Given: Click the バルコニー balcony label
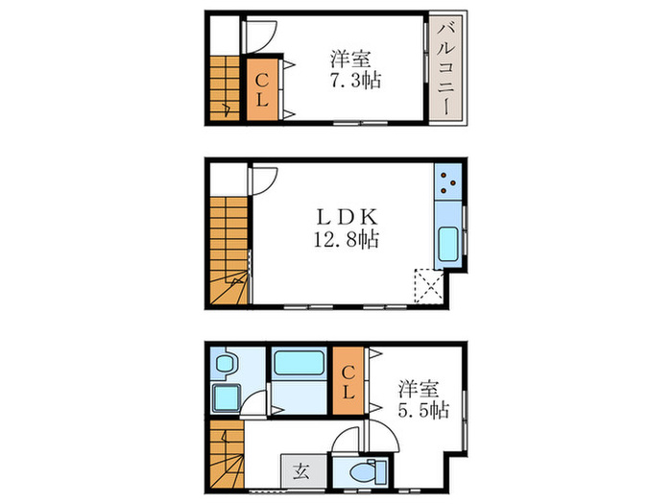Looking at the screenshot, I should tap(446, 67).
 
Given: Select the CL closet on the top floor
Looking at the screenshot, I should tap(261, 90).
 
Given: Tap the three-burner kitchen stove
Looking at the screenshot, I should tap(447, 180).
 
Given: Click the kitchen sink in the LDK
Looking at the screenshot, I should tap(447, 248).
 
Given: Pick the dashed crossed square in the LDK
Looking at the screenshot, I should tap(425, 286).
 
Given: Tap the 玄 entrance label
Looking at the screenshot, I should tap(301, 470).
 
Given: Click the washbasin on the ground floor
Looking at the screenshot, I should tap(227, 365).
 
